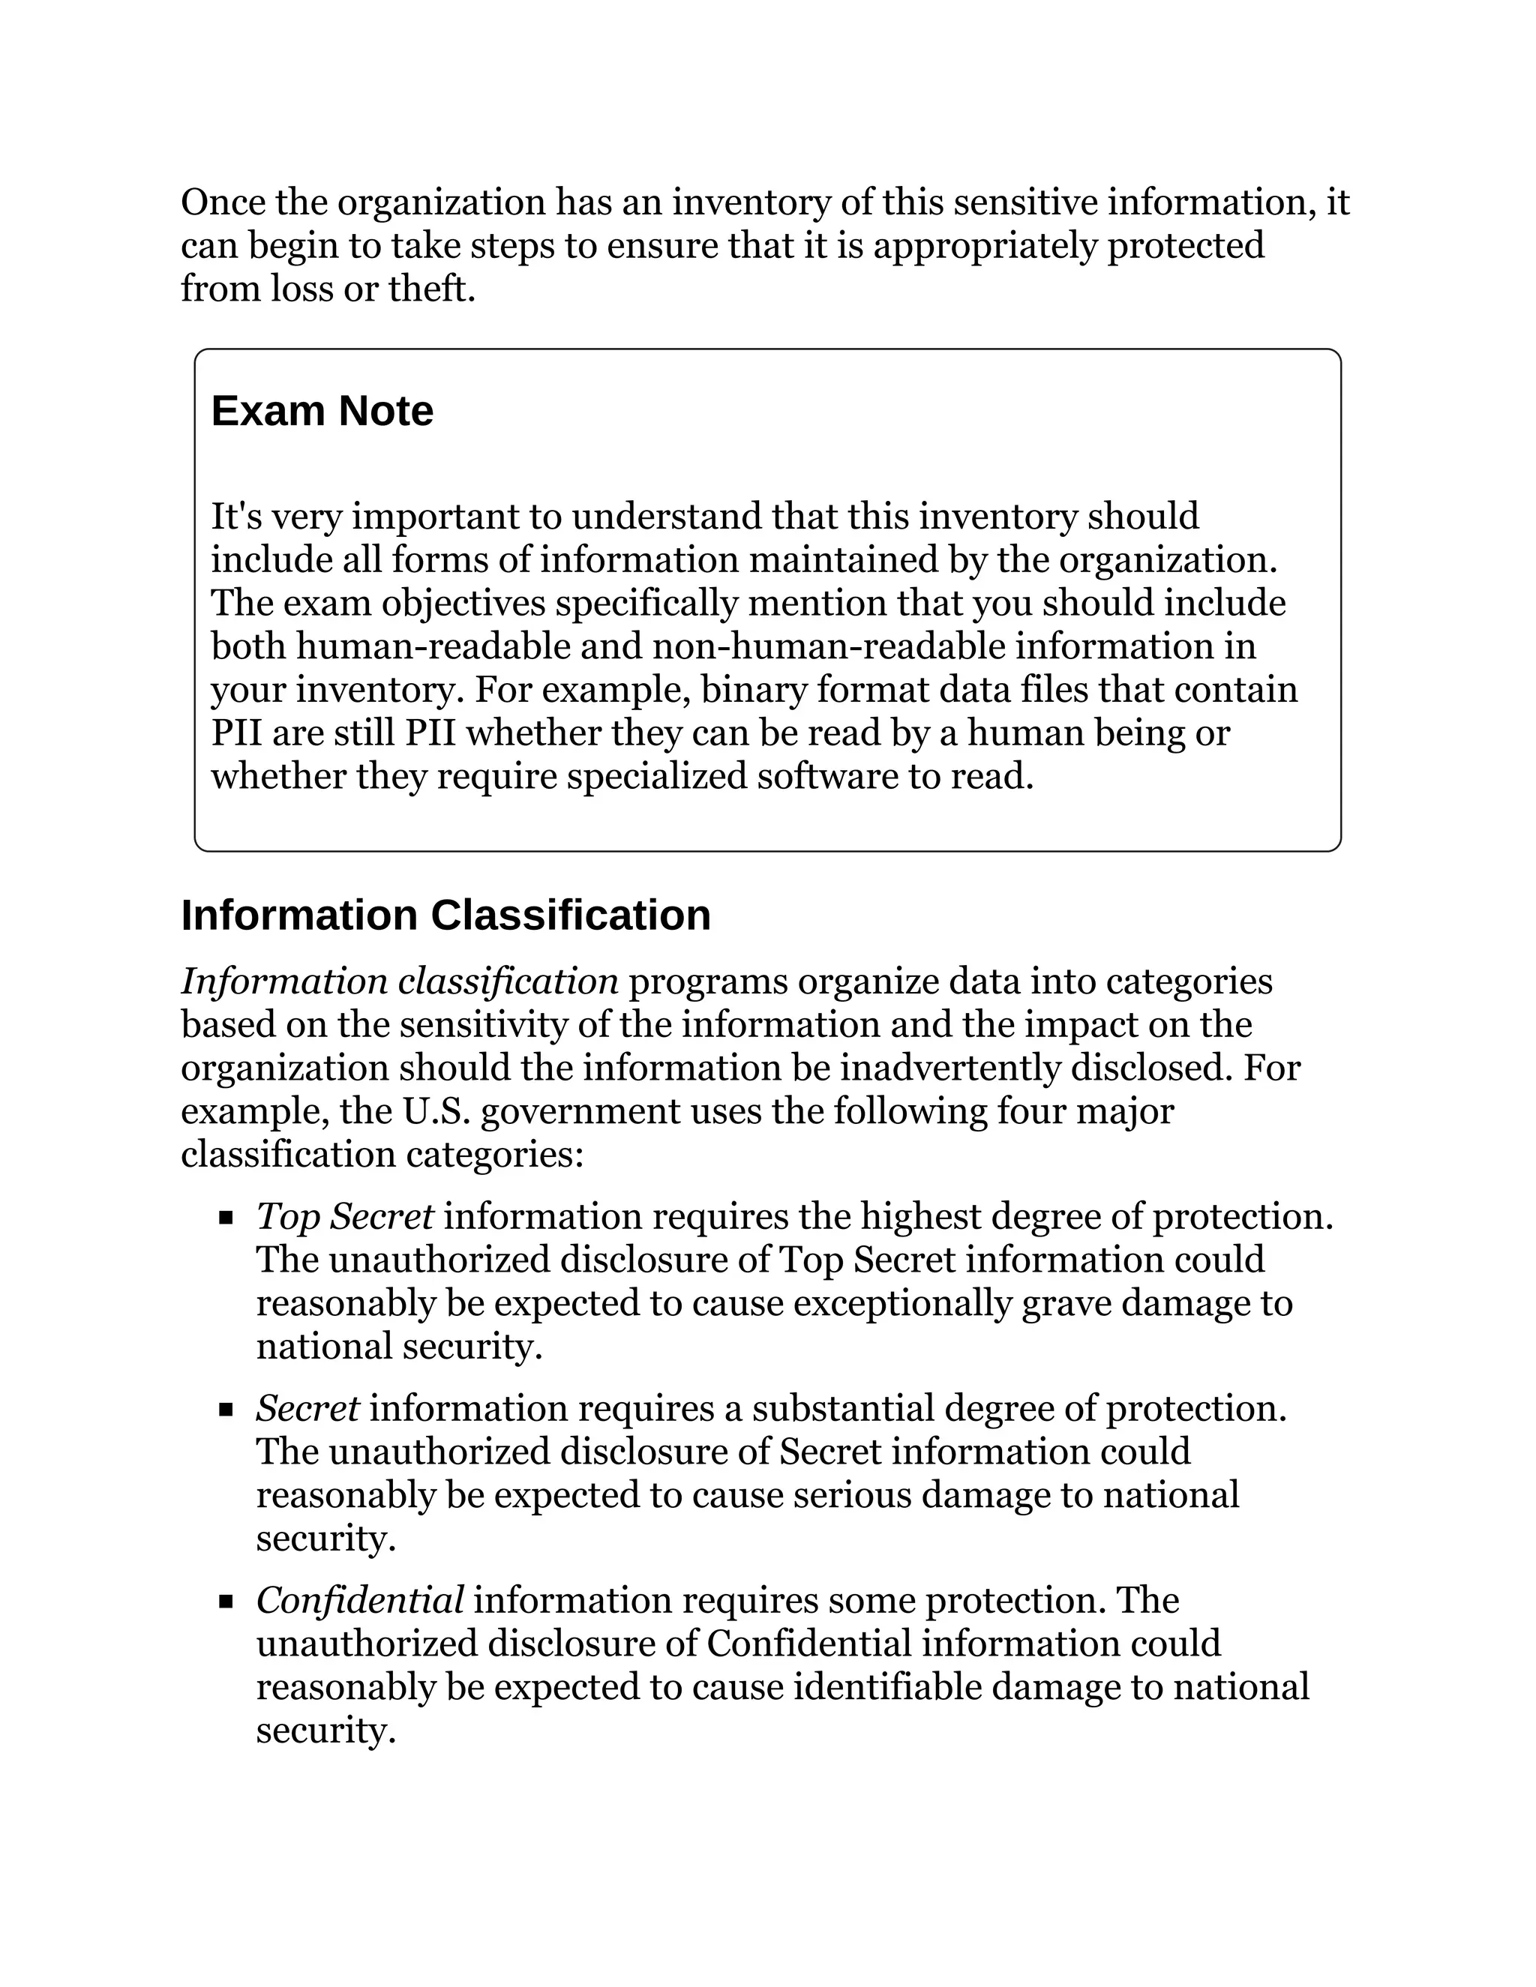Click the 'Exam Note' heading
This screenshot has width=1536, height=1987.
[x=322, y=411]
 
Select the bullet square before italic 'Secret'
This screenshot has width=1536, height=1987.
[x=226, y=1410]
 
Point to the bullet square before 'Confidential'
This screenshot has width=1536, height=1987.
[x=226, y=1602]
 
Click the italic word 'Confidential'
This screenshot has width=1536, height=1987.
[x=359, y=1600]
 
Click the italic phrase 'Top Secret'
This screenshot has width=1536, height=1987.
[x=345, y=1216]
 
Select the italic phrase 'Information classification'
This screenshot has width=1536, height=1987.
[x=400, y=982]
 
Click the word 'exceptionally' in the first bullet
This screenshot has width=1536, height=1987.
[x=903, y=1304]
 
